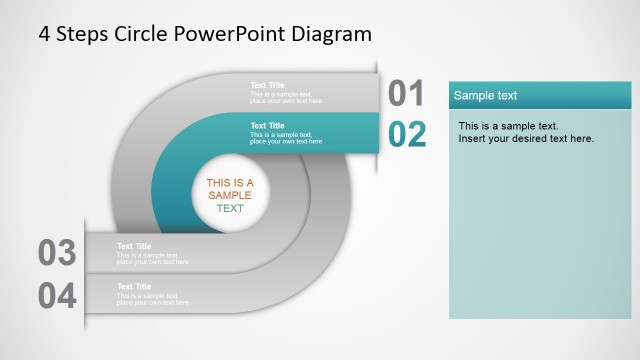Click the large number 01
(406, 93)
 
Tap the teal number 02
(406, 135)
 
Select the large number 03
(57, 253)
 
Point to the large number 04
(57, 296)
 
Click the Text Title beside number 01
(267, 85)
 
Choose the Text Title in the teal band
(267, 126)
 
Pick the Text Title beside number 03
(134, 246)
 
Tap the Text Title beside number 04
(134, 287)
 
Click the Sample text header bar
(540, 96)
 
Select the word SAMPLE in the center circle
(230, 195)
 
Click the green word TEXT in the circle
(230, 208)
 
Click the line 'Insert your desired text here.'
(526, 138)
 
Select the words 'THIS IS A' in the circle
(230, 183)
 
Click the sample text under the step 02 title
(286, 138)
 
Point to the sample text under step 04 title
(152, 299)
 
